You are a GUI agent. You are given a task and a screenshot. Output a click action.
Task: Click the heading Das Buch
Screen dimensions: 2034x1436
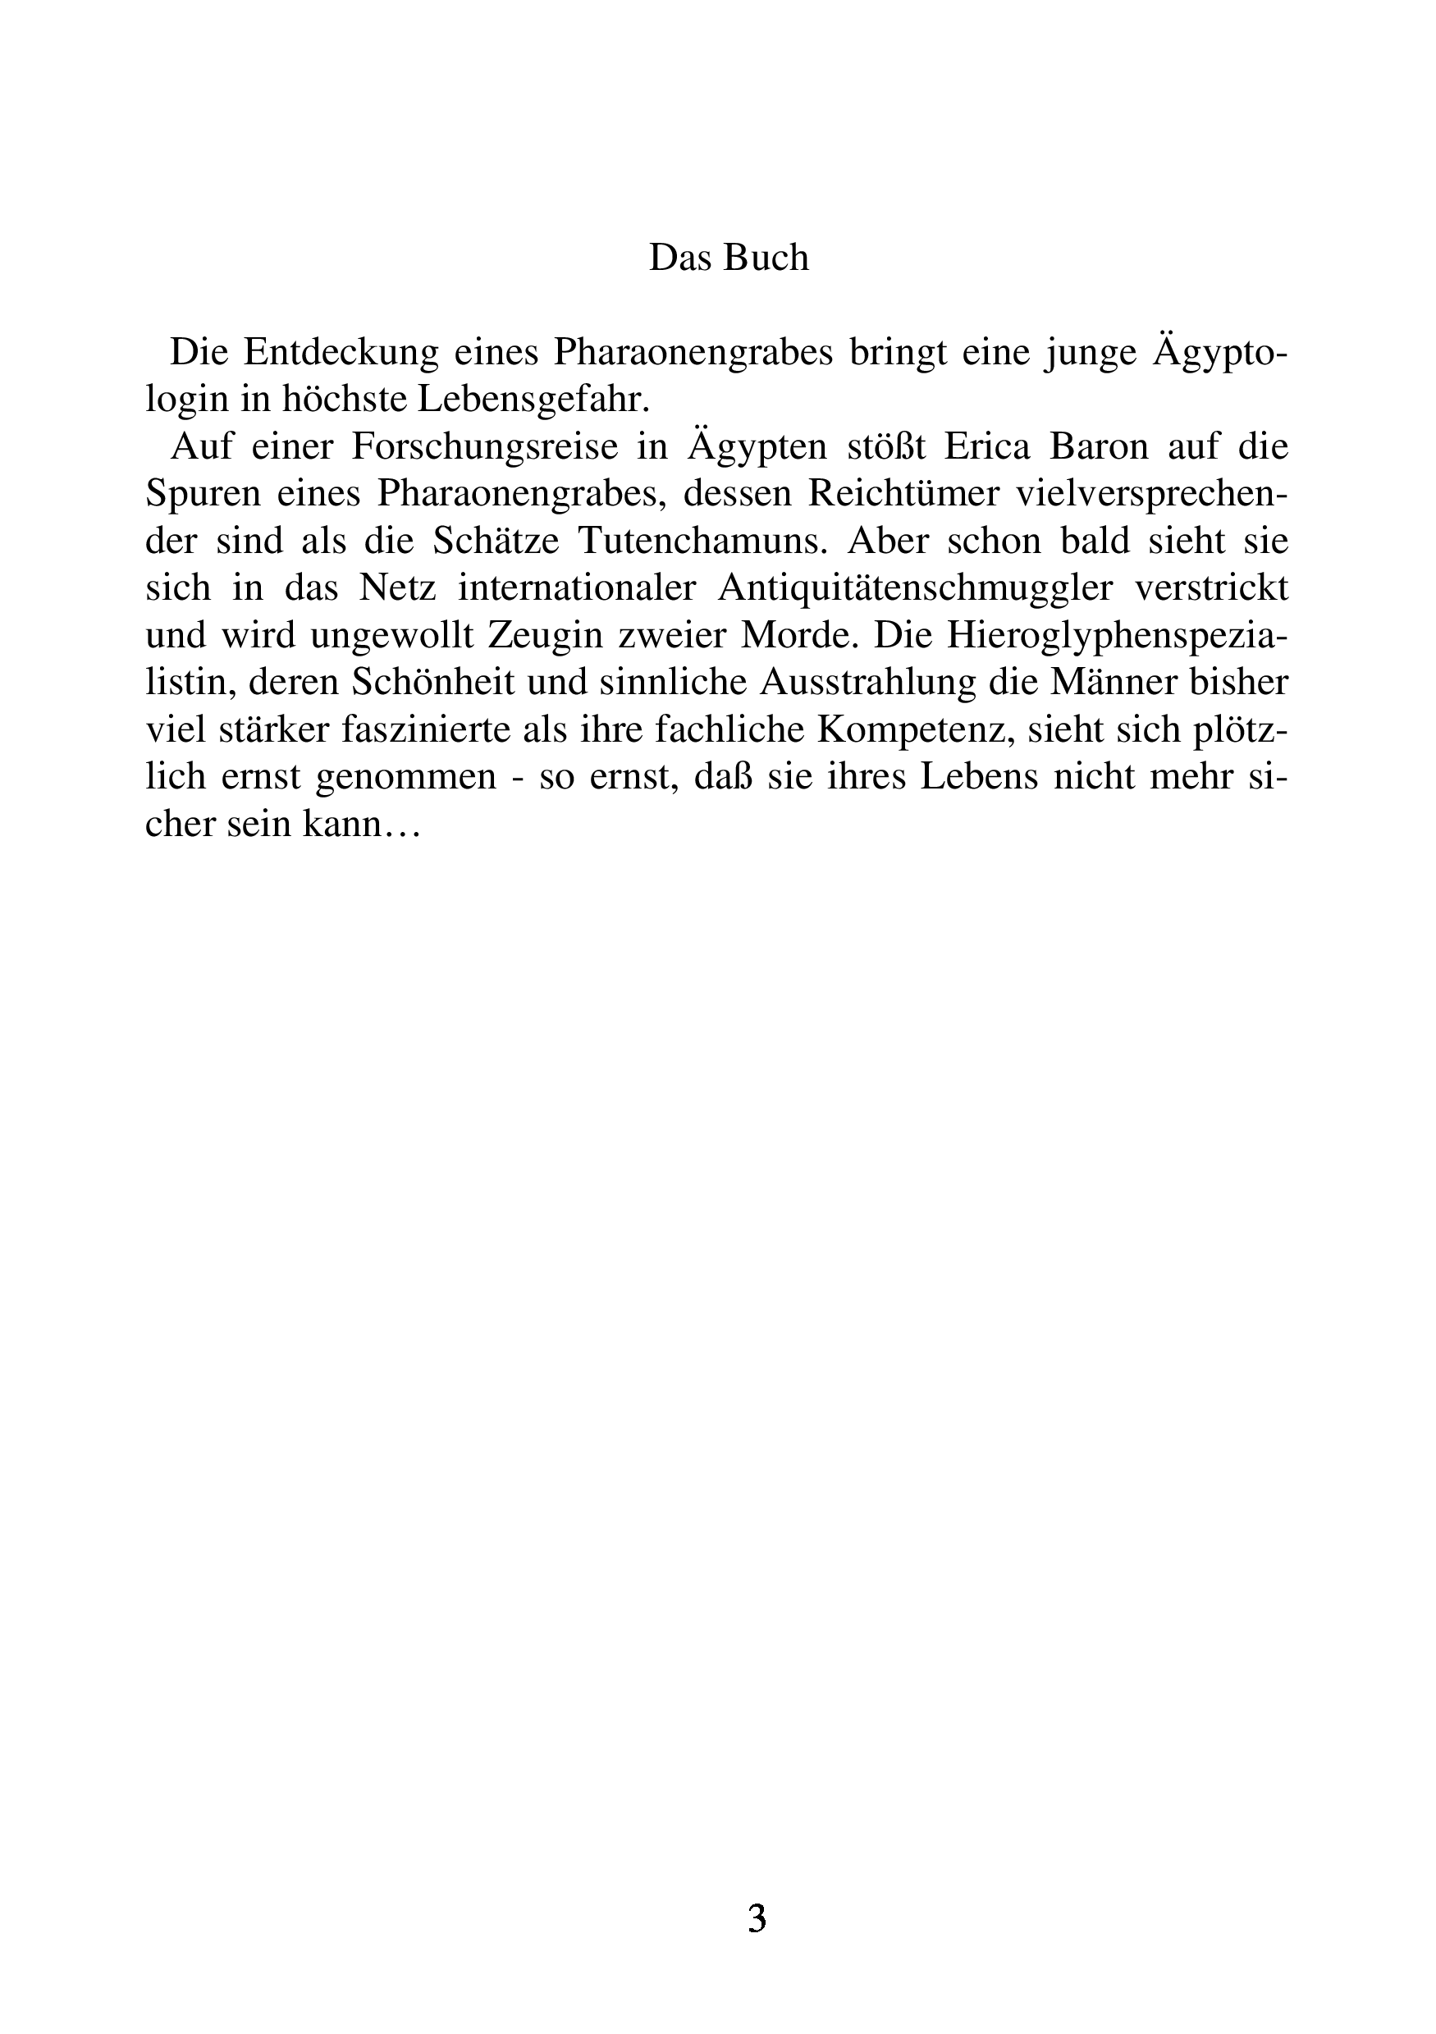(x=728, y=258)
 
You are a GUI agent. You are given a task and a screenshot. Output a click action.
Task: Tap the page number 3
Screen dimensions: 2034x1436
(x=757, y=1919)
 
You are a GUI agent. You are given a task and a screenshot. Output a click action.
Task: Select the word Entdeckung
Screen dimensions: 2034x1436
(x=341, y=353)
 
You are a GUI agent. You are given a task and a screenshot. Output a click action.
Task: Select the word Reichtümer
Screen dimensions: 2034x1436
(x=902, y=493)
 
